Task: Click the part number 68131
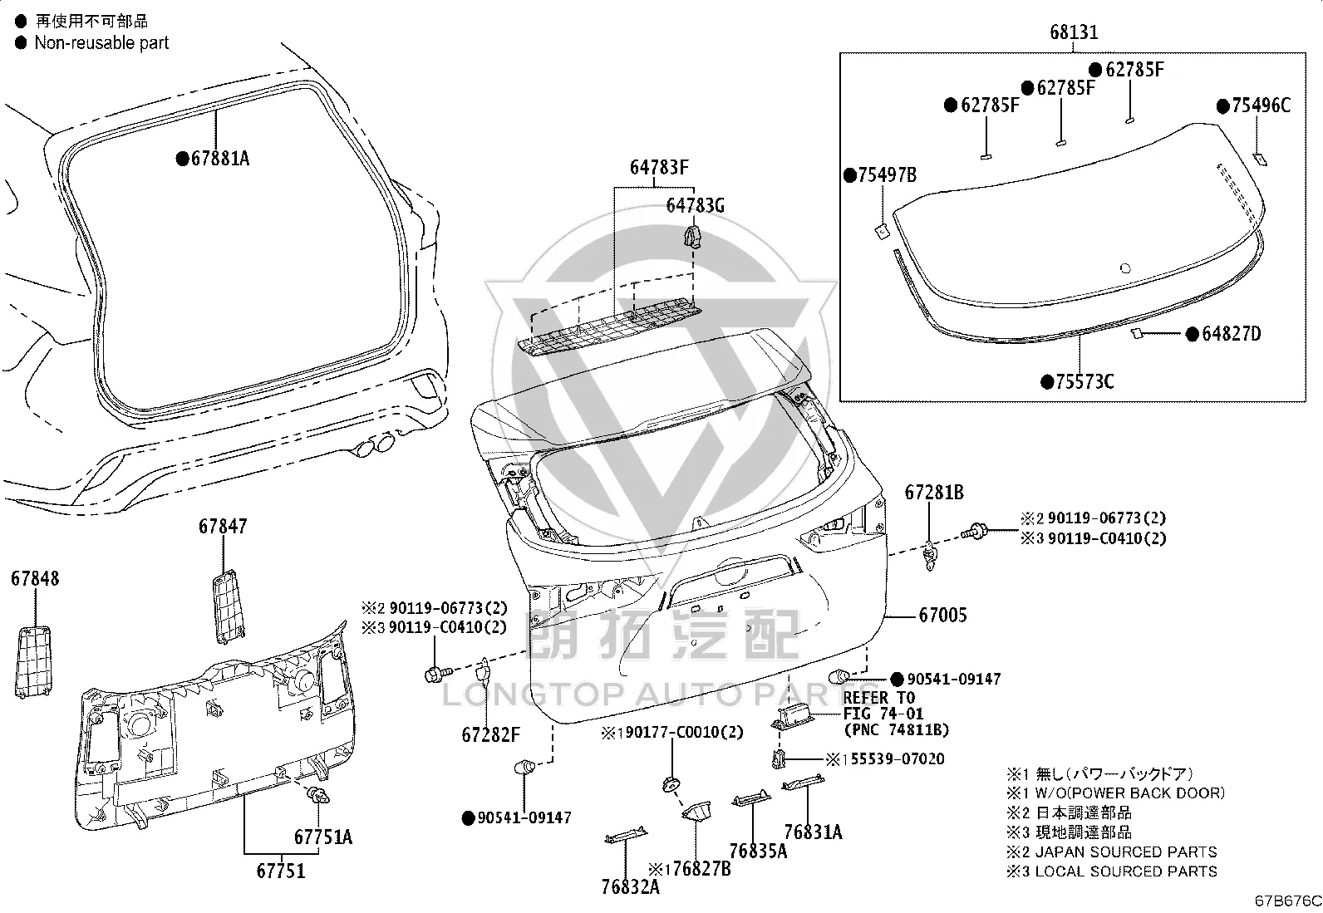pos(1073,32)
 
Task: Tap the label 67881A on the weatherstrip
pos(220,159)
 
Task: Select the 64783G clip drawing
pos(693,236)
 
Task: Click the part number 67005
pos(942,616)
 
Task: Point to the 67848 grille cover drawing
pos(33,663)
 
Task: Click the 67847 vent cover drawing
pos(228,606)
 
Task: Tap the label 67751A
pos(323,837)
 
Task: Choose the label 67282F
pos(491,734)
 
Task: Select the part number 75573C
pos(1084,382)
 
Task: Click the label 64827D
pos(1232,334)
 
